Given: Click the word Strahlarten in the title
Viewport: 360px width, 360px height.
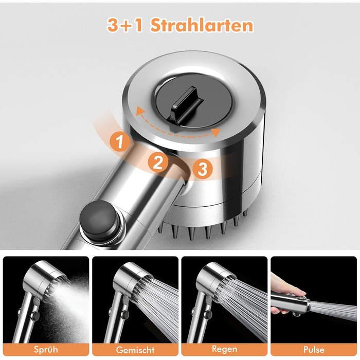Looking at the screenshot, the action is (202, 25).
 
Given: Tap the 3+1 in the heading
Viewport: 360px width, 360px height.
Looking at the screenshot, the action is (125, 25).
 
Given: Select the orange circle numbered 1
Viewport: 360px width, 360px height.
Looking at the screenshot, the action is (120, 141).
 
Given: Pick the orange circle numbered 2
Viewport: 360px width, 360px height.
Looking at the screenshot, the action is (158, 162).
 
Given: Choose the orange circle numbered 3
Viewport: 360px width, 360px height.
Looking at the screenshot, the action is (203, 169).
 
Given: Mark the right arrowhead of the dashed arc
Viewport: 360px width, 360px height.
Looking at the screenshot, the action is (215, 133).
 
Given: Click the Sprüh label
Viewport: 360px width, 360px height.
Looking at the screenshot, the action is (46, 349).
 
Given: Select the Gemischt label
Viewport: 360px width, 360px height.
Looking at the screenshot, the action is (135, 350).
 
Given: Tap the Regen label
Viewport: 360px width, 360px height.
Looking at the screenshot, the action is (224, 349).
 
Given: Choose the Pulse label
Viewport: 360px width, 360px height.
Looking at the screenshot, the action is (314, 349).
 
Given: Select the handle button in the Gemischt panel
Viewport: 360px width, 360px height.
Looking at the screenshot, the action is (125, 315).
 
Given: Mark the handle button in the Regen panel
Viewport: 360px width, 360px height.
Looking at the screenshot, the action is (208, 315).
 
